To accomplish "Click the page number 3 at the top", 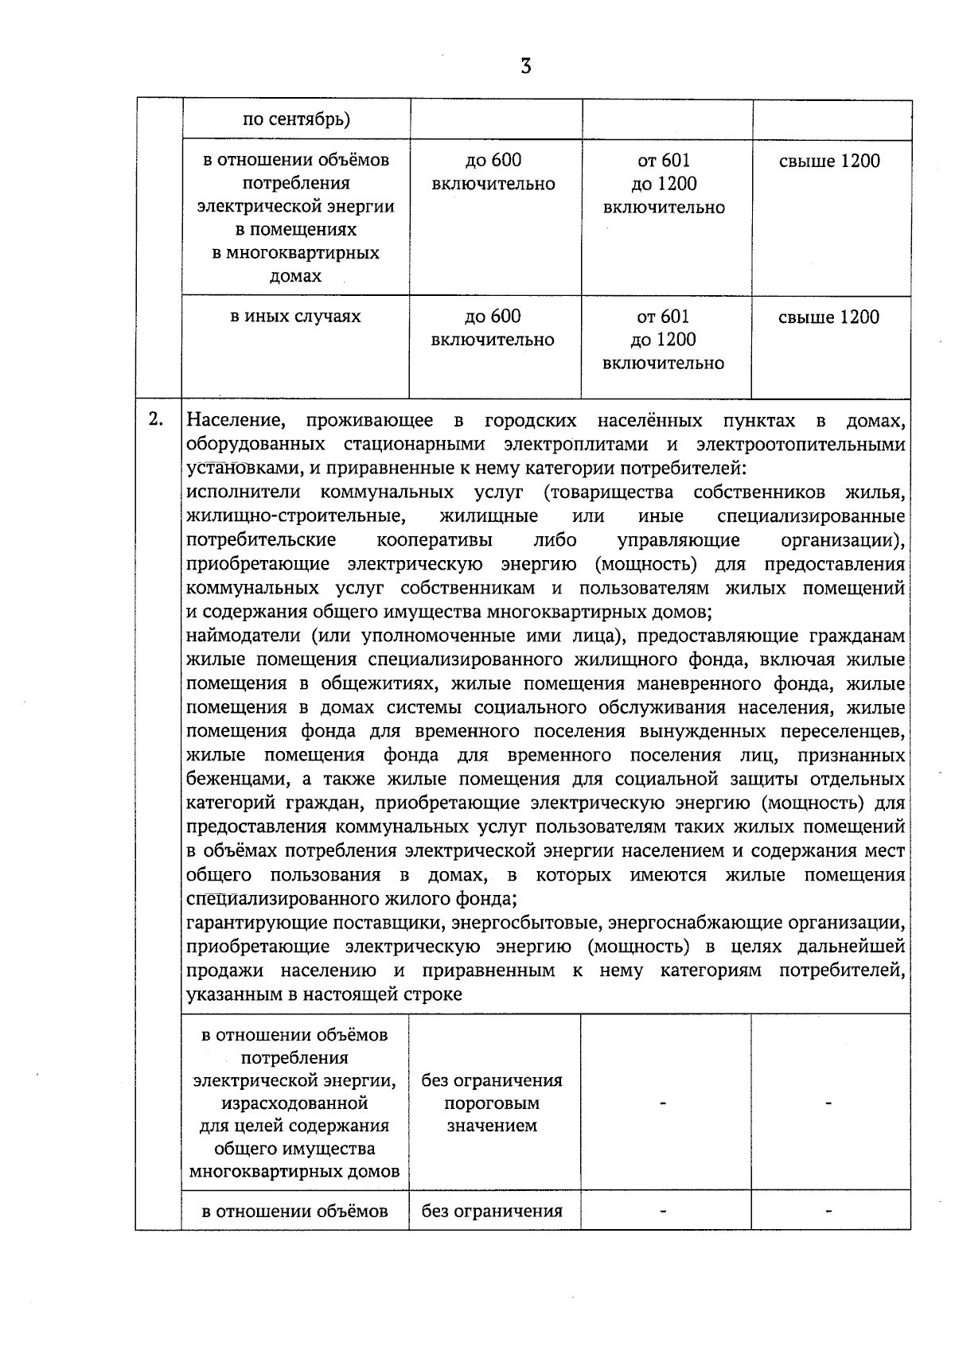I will (525, 66).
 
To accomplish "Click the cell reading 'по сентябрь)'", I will (296, 120).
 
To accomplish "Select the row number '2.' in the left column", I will (156, 419).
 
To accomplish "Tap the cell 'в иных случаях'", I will (295, 317).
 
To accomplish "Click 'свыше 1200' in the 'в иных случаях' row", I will (828, 317).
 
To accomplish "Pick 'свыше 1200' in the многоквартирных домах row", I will (829, 161).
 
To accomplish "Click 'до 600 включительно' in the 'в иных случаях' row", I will (493, 328).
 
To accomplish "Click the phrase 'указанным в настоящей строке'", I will (324, 994).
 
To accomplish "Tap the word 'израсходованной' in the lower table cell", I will (294, 1103).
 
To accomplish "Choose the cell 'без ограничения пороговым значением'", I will (492, 1103).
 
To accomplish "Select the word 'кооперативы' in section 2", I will (434, 540).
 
